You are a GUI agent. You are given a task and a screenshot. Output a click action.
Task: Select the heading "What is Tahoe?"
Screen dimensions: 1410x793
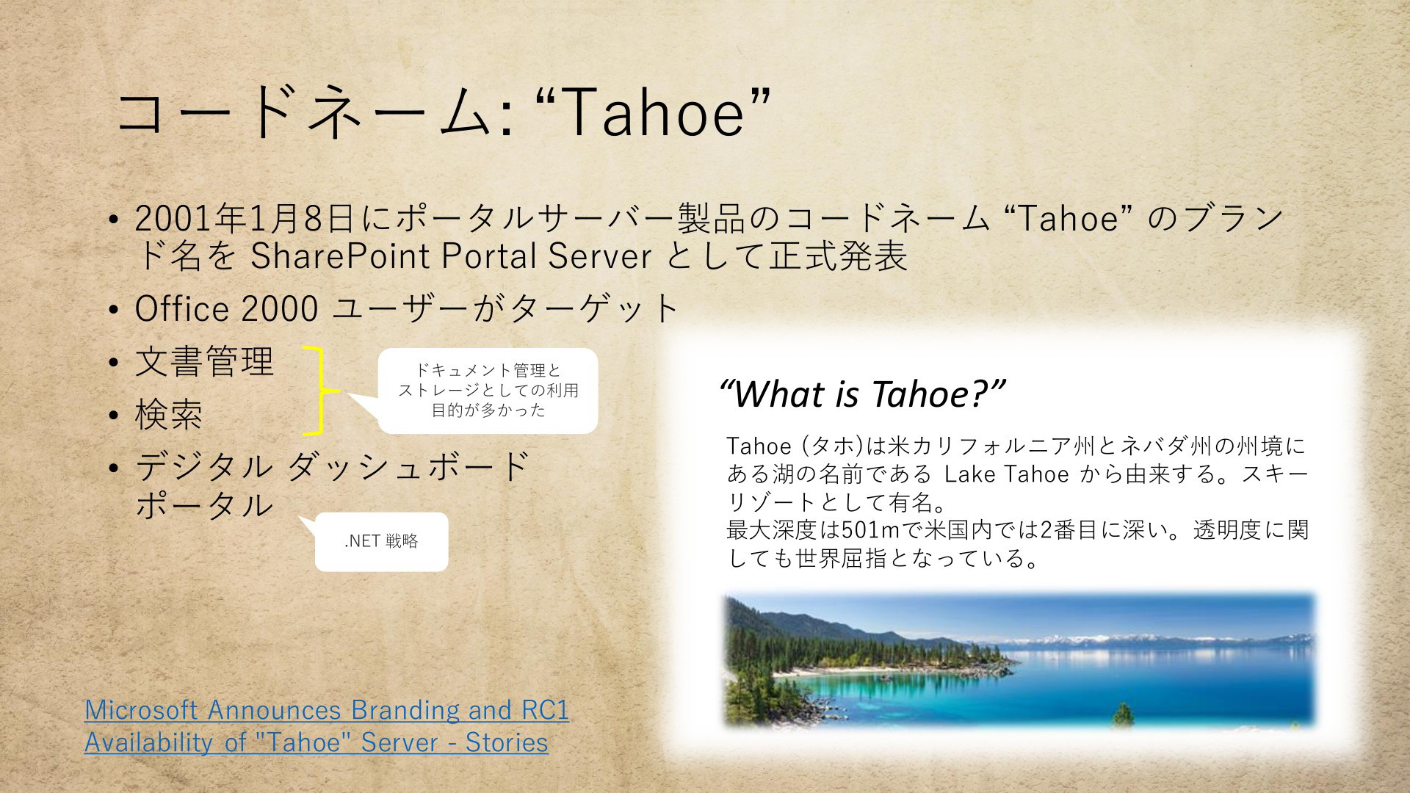coord(862,394)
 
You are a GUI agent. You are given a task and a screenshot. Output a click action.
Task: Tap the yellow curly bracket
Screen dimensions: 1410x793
coord(322,390)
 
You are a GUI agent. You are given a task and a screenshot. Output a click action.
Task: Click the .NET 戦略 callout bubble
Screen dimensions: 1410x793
coord(381,542)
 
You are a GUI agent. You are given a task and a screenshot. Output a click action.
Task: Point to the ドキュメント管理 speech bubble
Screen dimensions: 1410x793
coord(488,391)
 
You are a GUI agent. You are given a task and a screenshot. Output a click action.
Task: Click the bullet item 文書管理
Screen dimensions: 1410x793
coord(204,361)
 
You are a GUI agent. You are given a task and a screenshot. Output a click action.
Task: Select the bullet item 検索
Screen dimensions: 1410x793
coord(169,415)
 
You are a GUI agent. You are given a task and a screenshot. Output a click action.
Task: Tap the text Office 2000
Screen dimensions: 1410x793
coord(226,308)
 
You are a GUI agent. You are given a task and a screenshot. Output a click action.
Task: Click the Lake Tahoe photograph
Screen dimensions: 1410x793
coord(1019,660)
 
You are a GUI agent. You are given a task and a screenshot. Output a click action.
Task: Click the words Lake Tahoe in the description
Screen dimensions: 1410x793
coord(1006,474)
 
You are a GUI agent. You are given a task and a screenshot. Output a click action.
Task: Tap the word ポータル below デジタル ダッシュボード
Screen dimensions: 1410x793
coord(204,505)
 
